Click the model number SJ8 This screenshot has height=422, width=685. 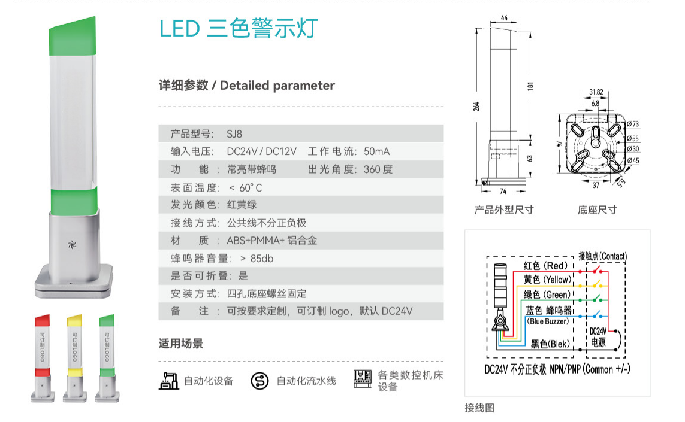[234, 134]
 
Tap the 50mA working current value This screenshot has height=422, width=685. [376, 151]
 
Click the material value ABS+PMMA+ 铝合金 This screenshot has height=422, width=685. [271, 241]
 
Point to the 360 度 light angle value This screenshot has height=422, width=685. [378, 169]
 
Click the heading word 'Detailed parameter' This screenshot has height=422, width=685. [277, 86]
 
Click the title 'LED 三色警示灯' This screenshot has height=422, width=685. [239, 28]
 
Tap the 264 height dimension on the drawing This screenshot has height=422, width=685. [476, 106]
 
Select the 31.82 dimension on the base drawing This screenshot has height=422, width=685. [596, 92]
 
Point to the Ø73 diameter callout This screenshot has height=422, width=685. [633, 124]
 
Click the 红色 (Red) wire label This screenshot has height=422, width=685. [545, 265]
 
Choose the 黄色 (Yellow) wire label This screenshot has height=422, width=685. [547, 280]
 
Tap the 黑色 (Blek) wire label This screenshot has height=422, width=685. [550, 344]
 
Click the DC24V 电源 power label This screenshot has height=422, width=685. [598, 337]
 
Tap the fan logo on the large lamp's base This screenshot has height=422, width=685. [72, 244]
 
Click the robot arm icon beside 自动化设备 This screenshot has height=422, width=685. [169, 381]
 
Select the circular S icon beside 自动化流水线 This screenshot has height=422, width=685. [259, 381]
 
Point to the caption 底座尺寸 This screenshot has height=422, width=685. [597, 210]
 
